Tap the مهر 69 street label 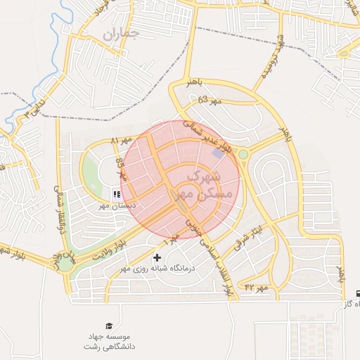coord(209,101)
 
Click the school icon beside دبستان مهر coord(117,193)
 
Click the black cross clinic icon coord(156,257)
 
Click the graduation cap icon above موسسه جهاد coord(108,326)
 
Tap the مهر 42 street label coord(256,288)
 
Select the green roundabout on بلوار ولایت coord(65,264)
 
